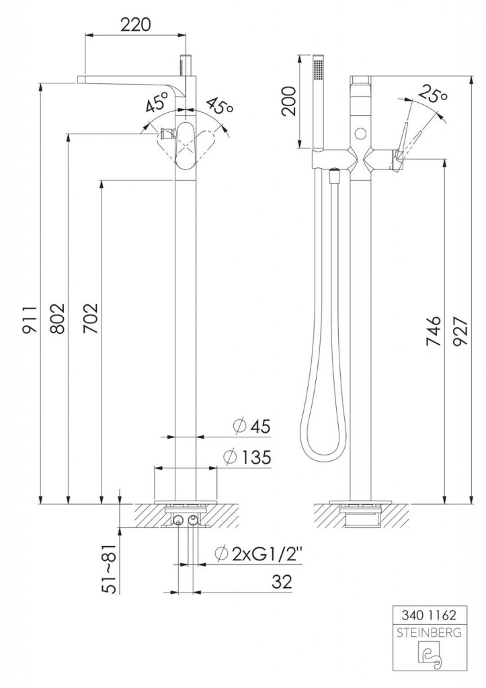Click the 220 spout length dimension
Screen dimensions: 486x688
[135, 25]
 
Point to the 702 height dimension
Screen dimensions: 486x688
[91, 318]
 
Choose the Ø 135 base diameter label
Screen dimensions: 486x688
[247, 458]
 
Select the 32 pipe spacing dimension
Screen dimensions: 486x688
[282, 582]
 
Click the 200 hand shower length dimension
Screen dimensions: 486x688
[288, 101]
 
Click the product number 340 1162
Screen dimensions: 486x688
[429, 615]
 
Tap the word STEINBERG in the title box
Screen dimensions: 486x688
[429, 633]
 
